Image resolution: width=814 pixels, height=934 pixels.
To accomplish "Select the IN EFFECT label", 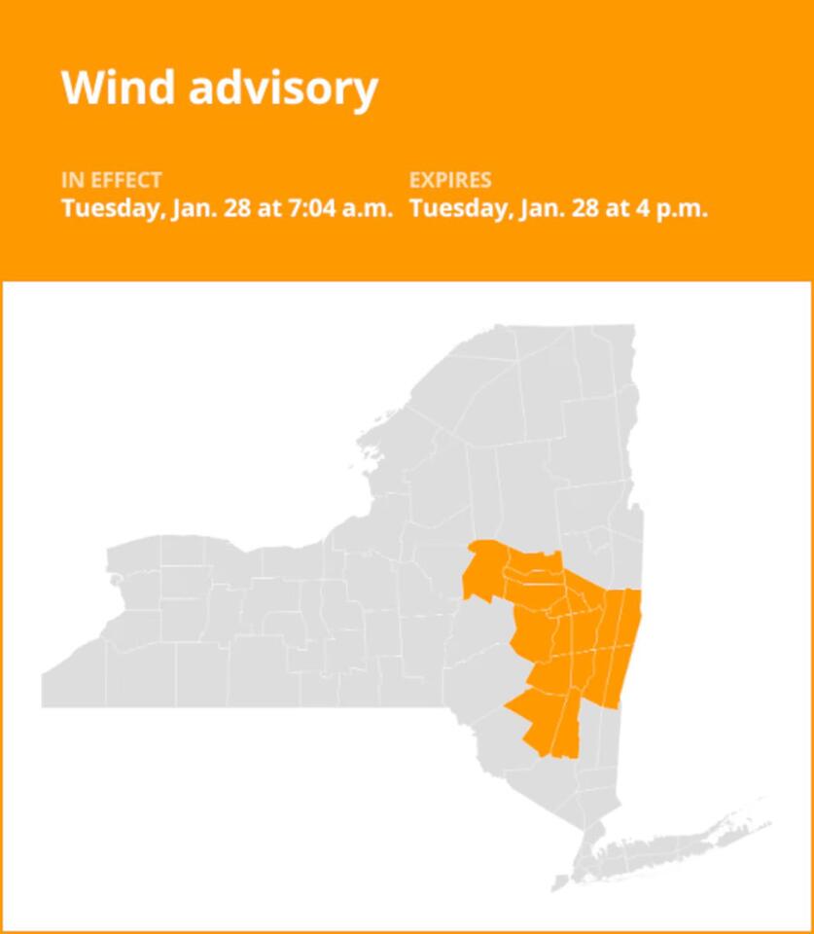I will coord(111,180).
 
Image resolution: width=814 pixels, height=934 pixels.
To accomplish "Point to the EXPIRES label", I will coord(450,180).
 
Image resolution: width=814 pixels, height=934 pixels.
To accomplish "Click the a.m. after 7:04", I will coord(369,208).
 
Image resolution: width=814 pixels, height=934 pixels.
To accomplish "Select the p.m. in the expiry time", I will coord(682,208).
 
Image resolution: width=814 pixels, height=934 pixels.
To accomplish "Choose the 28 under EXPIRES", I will coord(585,208).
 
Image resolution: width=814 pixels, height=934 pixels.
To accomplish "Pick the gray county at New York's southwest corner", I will coord(73,681).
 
